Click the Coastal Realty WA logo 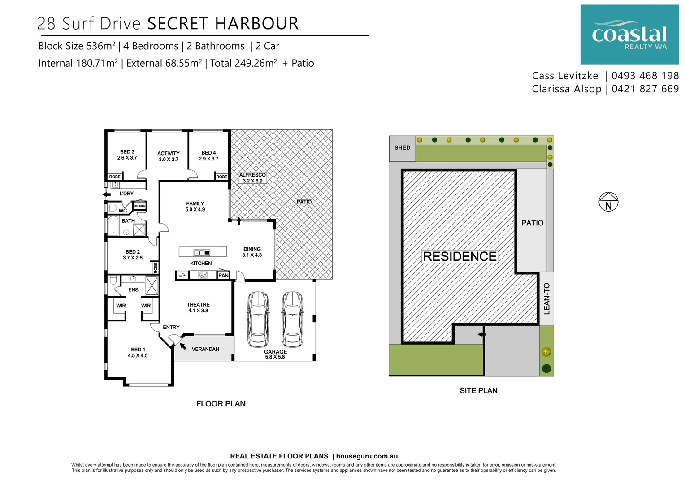click(x=629, y=35)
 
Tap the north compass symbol click(x=608, y=202)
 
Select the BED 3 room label click(x=127, y=155)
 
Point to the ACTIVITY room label click(x=168, y=156)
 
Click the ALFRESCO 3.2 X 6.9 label click(x=252, y=178)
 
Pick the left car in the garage click(x=258, y=319)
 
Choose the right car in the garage click(x=292, y=319)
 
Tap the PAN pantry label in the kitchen click(x=223, y=275)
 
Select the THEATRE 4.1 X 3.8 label click(x=198, y=307)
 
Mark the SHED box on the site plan click(x=402, y=148)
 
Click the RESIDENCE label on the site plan click(x=460, y=256)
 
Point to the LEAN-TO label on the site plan click(x=546, y=298)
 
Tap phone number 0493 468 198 click(x=645, y=76)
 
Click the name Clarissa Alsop click(x=567, y=89)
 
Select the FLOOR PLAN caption click(x=221, y=403)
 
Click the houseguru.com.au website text click(x=367, y=456)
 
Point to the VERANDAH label click(x=205, y=349)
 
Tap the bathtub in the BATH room click(x=113, y=226)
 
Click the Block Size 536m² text click(x=77, y=46)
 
